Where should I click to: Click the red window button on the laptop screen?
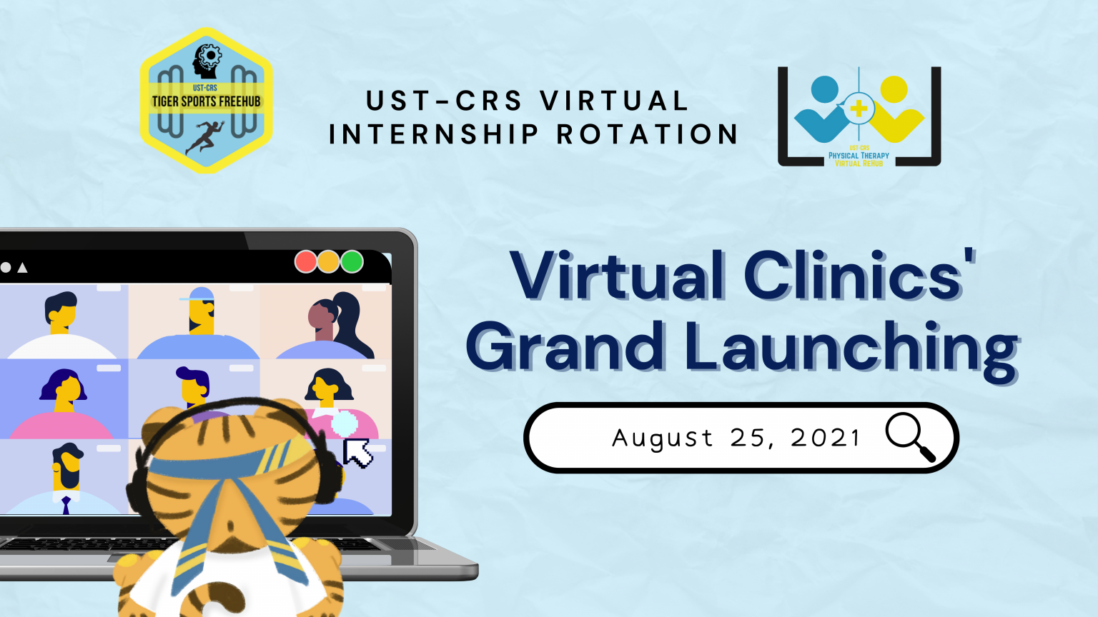[305, 261]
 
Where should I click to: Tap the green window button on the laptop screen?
[352, 261]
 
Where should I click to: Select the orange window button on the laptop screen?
[328, 261]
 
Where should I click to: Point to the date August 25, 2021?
[736, 437]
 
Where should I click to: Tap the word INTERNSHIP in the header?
[433, 134]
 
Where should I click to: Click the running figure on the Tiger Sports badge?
[205, 137]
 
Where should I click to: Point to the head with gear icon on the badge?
[207, 61]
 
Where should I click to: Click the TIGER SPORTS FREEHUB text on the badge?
[207, 102]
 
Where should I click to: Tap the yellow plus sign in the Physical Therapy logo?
[859, 109]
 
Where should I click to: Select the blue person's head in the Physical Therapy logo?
[824, 89]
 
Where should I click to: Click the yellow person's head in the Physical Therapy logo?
[894, 89]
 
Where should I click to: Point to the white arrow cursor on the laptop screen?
[357, 453]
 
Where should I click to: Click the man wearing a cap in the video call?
[199, 323]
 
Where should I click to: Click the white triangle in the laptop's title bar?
[23, 268]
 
